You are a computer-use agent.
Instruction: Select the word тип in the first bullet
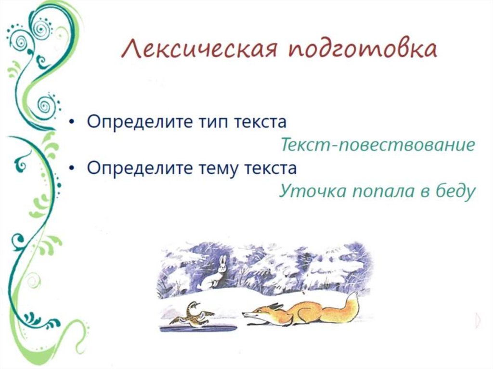[x=214, y=121]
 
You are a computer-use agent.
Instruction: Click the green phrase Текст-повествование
[x=377, y=145]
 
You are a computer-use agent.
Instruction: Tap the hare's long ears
[x=222, y=262]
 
